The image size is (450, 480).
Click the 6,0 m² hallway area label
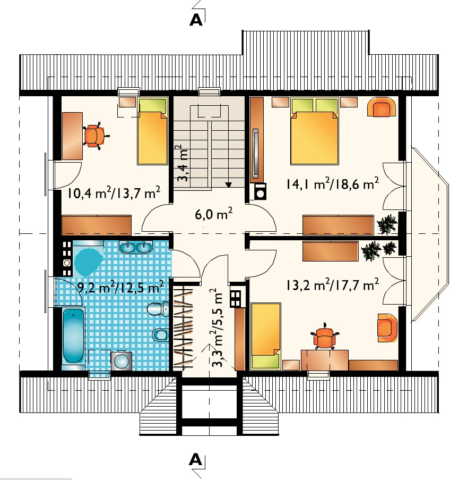213,214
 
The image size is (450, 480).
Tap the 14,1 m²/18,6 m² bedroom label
332,184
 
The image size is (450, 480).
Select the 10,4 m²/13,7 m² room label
114,193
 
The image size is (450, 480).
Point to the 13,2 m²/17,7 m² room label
332,285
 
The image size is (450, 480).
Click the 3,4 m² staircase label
183,163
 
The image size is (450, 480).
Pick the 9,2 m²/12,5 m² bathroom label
120,287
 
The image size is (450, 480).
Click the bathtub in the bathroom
73,335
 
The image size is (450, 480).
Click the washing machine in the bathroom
122,361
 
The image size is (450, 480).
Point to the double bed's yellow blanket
315,138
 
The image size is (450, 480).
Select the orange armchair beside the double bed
381,107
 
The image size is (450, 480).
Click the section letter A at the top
196,20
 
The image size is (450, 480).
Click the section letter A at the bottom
196,459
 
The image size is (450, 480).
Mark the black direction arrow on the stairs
229,184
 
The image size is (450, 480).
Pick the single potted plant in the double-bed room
387,224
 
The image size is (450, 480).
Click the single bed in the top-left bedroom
152,131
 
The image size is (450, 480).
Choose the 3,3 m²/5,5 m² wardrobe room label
219,327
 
